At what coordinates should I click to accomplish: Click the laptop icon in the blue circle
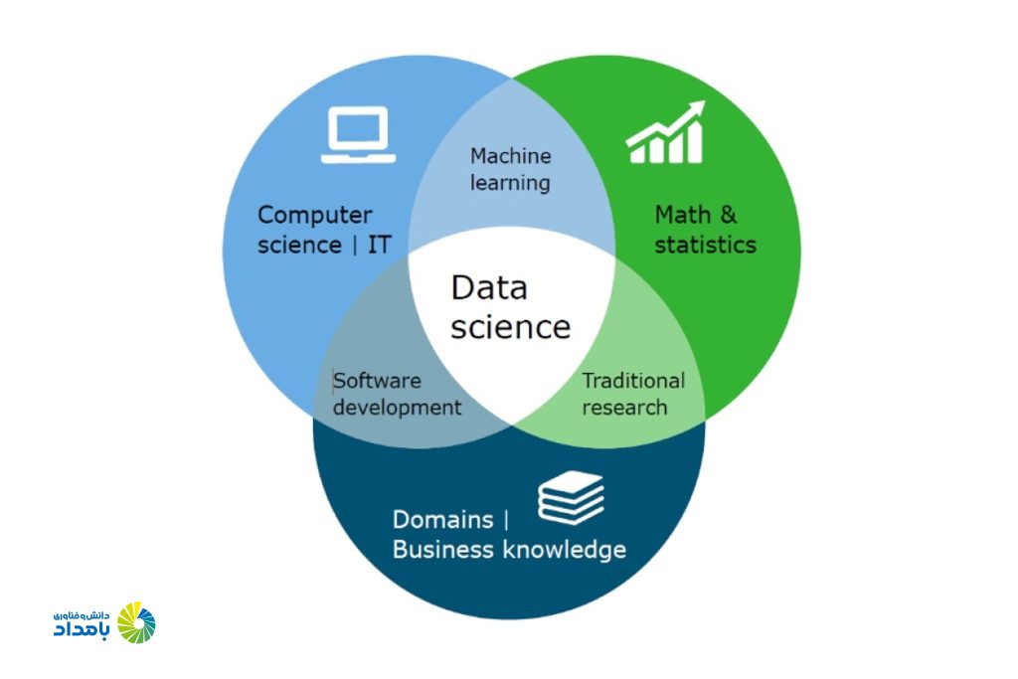point(358,134)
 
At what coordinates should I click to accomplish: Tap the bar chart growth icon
point(665,132)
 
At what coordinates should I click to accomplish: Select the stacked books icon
point(572,498)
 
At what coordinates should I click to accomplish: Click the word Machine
point(511,156)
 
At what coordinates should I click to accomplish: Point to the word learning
point(510,183)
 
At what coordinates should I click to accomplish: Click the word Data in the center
point(489,287)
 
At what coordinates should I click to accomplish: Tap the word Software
point(377,381)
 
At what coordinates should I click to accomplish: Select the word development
point(398,408)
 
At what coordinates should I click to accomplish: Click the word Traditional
point(633,381)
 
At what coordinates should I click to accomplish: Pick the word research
point(624,408)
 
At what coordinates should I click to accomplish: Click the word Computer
point(315,216)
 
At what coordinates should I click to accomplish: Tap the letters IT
point(380,246)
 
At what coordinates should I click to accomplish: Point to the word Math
point(682,214)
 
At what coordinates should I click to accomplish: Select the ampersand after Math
point(729,214)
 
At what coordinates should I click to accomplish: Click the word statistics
point(705,246)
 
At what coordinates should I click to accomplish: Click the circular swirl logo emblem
point(136,622)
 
